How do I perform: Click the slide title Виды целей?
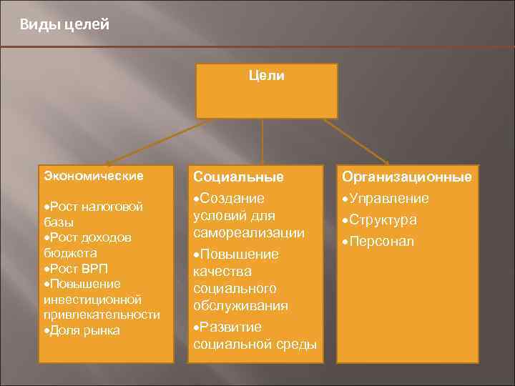click(x=64, y=25)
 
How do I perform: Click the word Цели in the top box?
click(x=266, y=76)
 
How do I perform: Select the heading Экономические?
click(x=94, y=175)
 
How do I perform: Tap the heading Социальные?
click(x=238, y=177)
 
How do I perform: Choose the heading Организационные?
click(x=406, y=177)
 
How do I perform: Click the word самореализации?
click(x=249, y=233)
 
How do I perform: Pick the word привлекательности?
click(x=102, y=315)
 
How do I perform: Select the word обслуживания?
click(x=240, y=306)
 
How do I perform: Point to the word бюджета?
click(x=70, y=253)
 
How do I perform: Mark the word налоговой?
click(x=115, y=207)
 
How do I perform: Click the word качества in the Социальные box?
click(x=222, y=272)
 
